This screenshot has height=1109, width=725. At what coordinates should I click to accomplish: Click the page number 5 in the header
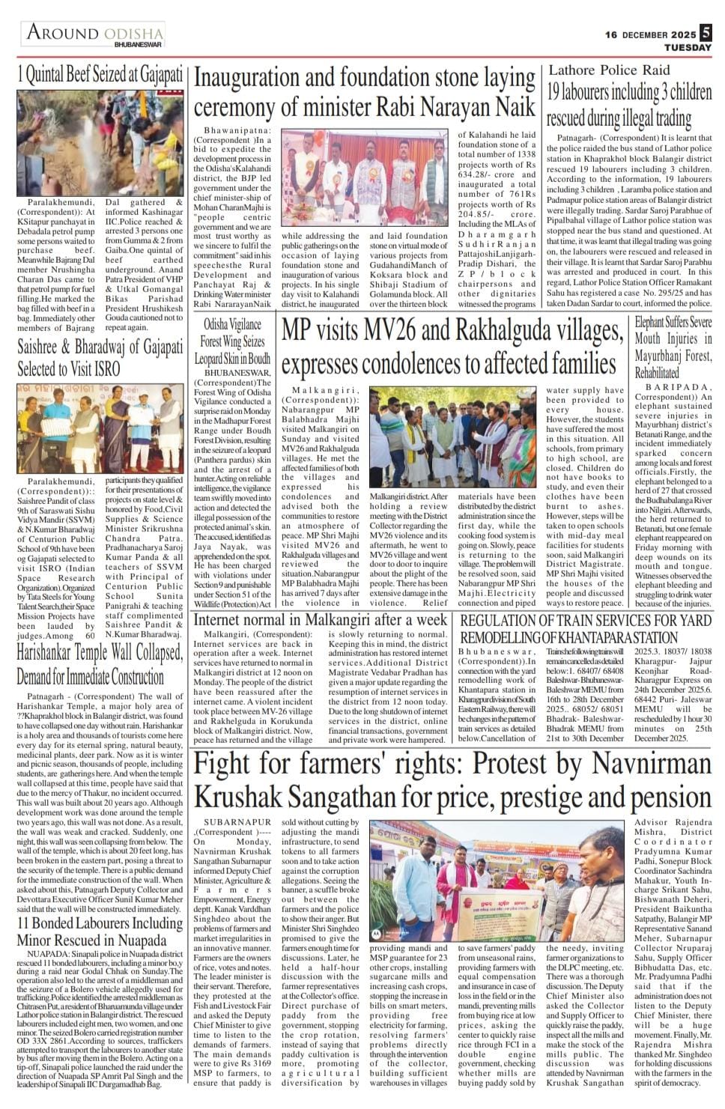(706, 34)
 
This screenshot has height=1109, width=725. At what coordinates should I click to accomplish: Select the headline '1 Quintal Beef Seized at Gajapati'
(100, 75)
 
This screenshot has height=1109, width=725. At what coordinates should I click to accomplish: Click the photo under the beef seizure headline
(100, 143)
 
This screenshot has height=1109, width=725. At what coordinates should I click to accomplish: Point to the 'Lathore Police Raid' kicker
(609, 70)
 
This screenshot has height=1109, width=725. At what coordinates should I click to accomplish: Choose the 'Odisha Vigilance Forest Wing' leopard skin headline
(232, 341)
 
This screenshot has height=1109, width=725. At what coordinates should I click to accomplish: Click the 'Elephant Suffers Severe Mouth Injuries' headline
(673, 347)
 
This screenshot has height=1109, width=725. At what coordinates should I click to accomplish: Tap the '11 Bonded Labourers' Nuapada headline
(100, 932)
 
